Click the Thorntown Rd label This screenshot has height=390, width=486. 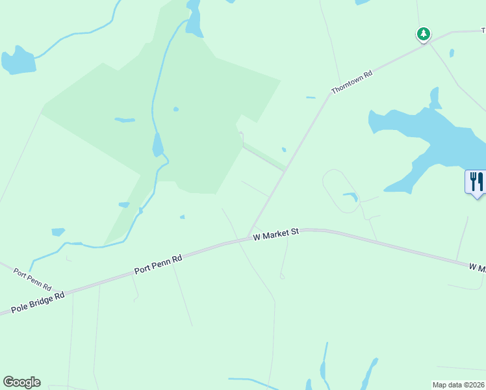point(352,83)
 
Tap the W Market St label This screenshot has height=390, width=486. point(275,233)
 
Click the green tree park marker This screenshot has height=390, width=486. point(424,34)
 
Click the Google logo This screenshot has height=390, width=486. point(21,382)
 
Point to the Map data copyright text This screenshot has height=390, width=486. point(459,385)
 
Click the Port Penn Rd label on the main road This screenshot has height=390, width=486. point(159,263)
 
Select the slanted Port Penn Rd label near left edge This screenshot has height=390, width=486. point(32,278)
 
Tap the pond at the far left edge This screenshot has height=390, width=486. point(18,61)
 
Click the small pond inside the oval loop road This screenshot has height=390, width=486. point(350,196)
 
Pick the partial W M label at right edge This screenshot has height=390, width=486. point(477,267)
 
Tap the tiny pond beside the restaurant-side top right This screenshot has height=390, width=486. point(452,53)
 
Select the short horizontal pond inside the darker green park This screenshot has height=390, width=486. point(124,120)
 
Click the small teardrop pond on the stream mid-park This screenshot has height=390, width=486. point(157,146)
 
